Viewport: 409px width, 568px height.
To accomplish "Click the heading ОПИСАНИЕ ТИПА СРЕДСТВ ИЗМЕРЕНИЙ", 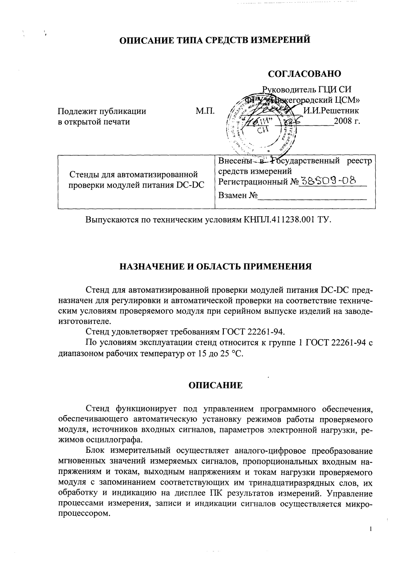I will (215, 40).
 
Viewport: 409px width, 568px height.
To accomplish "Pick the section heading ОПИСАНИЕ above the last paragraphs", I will (215, 385).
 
